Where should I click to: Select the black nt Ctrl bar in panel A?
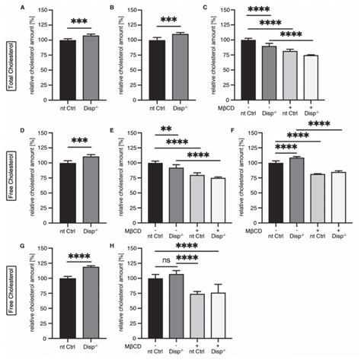coord(69,72)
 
